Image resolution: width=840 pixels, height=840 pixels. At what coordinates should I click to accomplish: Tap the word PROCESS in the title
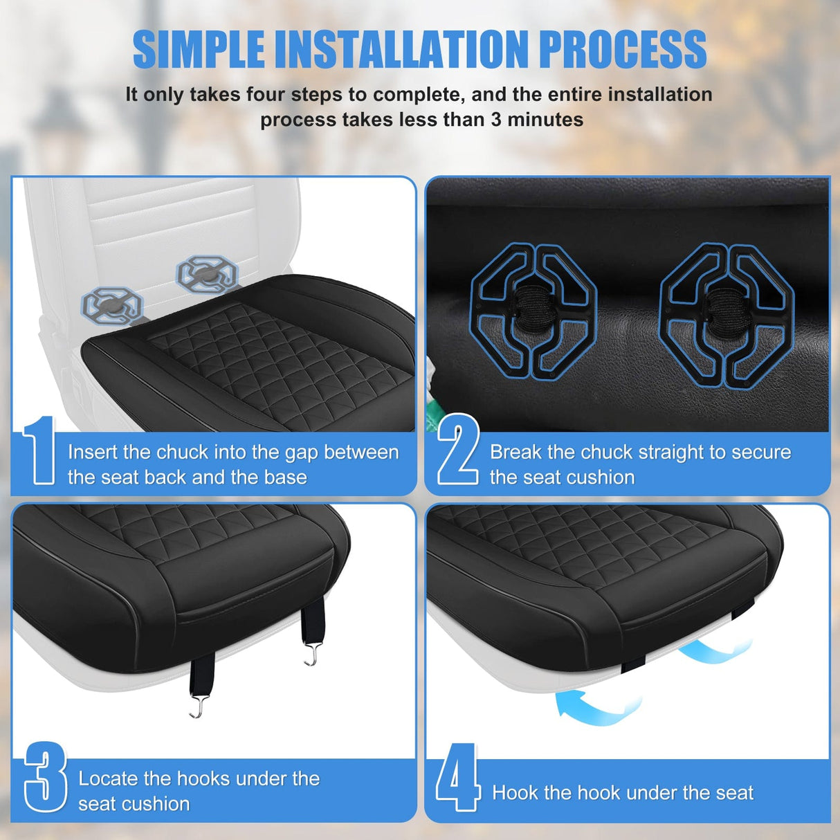[x=623, y=50]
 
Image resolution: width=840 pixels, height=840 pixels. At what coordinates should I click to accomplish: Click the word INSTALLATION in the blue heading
[x=401, y=50]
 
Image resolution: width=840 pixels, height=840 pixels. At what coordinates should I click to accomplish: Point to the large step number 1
[x=39, y=450]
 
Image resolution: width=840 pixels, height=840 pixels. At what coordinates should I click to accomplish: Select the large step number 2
[x=458, y=449]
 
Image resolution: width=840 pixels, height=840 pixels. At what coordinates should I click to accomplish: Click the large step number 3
[x=46, y=776]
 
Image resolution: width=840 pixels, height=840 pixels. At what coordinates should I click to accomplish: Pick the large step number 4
[x=457, y=777]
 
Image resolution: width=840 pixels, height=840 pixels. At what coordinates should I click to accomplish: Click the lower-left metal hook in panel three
[x=199, y=706]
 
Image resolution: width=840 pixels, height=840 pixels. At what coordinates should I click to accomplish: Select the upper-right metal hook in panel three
[x=311, y=654]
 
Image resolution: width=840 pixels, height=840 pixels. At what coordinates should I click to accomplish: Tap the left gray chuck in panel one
[x=112, y=305]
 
